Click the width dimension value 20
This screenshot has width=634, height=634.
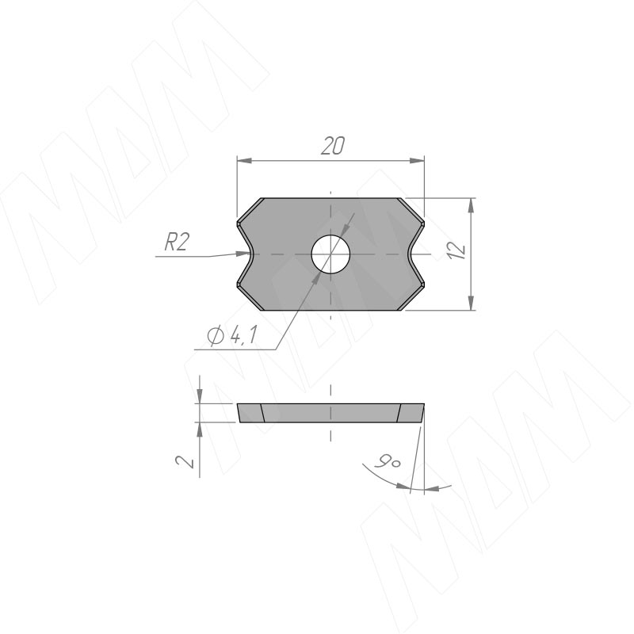(333, 146)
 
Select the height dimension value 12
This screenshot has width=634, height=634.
(458, 250)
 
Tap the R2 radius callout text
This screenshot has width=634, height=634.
(177, 243)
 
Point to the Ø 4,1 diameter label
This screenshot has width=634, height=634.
(231, 334)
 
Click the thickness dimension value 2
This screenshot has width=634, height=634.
(185, 461)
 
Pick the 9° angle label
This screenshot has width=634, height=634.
(388, 461)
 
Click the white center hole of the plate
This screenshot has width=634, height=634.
(330, 254)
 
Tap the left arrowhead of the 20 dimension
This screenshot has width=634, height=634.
(245, 161)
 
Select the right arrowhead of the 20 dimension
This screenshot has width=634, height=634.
(417, 161)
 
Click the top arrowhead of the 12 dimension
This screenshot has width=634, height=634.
(471, 206)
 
